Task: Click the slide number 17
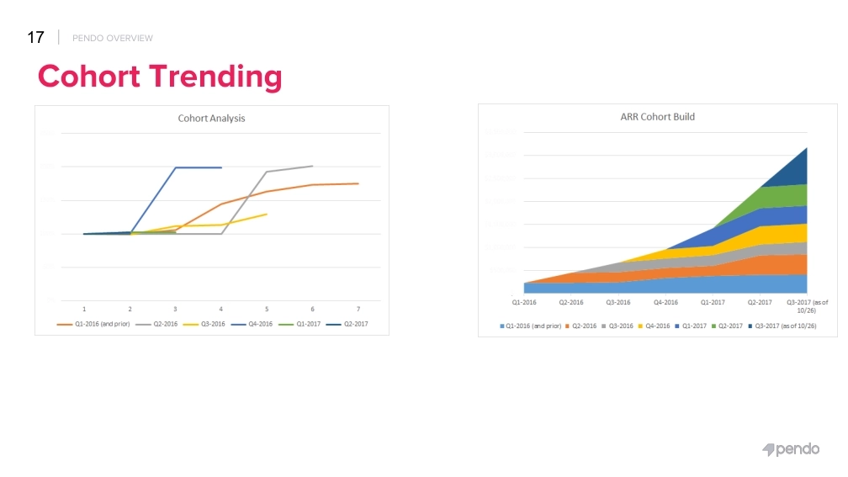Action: pyautogui.click(x=35, y=37)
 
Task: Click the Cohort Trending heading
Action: pyautogui.click(x=160, y=77)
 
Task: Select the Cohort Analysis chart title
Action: pyautogui.click(x=211, y=119)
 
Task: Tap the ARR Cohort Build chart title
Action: pyautogui.click(x=651, y=117)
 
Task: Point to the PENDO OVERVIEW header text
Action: pyautogui.click(x=113, y=38)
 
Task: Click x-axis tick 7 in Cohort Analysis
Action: pyautogui.click(x=358, y=310)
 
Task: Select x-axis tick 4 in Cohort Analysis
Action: pyautogui.click(x=221, y=310)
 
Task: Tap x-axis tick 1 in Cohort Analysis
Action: pyautogui.click(x=84, y=310)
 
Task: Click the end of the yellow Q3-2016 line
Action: pyautogui.click(x=267, y=214)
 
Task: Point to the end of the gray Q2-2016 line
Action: pyautogui.click(x=312, y=166)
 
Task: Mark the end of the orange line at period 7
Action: pyautogui.click(x=358, y=183)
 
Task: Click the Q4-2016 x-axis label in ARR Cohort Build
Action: pyautogui.click(x=665, y=302)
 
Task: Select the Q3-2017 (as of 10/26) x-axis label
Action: pyautogui.click(x=807, y=305)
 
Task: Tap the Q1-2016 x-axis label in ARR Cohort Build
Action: pyautogui.click(x=524, y=302)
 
